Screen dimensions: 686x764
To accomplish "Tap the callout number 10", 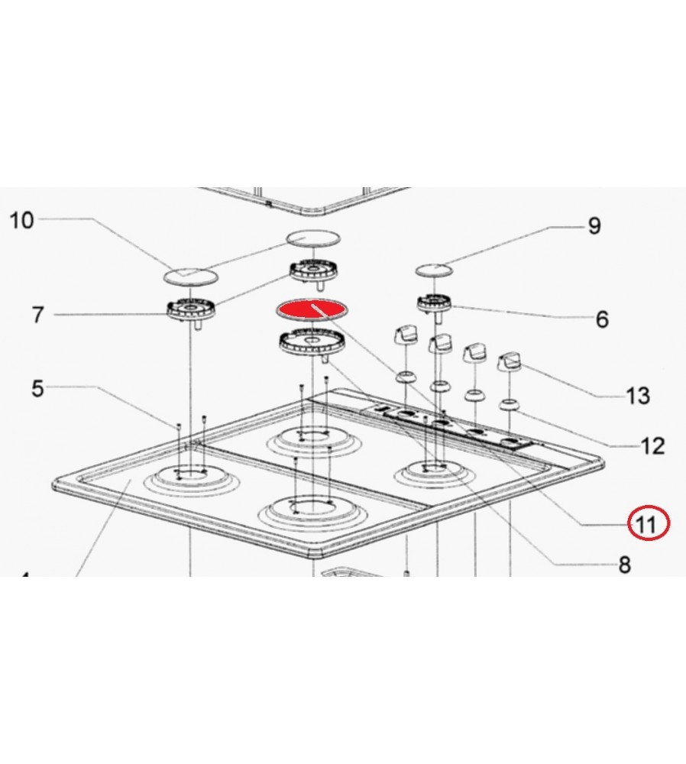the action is click(x=22, y=220).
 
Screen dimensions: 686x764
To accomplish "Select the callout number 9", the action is click(x=594, y=225).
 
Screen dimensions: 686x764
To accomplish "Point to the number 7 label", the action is click(x=38, y=315).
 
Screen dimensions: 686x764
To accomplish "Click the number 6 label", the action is click(x=602, y=319).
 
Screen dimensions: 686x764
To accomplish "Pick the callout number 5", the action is click(x=37, y=388).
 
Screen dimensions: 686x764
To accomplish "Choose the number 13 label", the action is click(x=638, y=396).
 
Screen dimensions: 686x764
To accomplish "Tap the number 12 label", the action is click(x=652, y=445).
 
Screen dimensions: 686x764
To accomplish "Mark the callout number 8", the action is click(x=625, y=565).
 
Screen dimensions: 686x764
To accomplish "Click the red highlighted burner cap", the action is click(x=312, y=310).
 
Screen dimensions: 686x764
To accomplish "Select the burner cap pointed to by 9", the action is click(x=434, y=270).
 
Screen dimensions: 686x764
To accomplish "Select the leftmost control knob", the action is click(x=406, y=335).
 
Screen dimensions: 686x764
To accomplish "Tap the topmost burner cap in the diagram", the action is click(x=312, y=238).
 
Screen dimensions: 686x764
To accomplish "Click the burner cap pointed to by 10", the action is click(x=190, y=276).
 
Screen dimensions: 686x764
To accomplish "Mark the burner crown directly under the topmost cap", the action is click(x=312, y=271).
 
